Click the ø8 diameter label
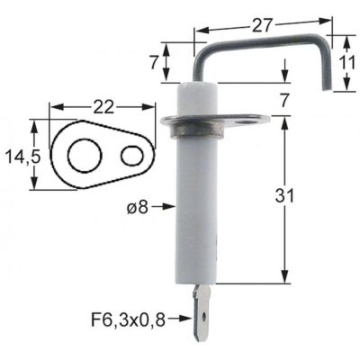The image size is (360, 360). click(x=137, y=206)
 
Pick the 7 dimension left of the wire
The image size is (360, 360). click(x=155, y=63)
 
